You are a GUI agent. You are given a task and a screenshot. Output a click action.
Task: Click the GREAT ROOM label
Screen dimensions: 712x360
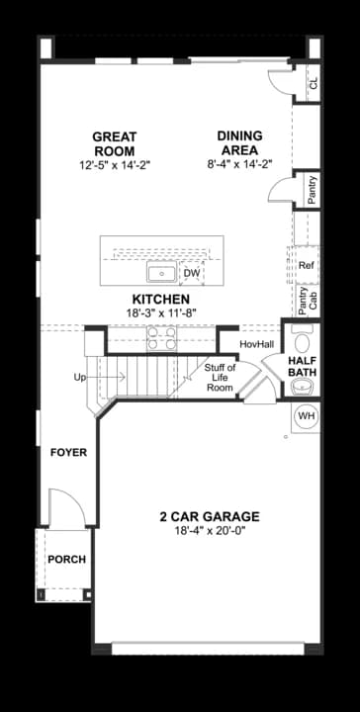pos(115,143)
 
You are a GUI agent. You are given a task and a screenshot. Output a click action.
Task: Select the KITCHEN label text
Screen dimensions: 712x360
pos(160,299)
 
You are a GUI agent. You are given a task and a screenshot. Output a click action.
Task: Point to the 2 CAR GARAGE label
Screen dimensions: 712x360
pos(210,516)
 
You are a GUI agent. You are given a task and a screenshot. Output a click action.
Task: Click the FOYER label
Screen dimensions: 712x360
pos(68,452)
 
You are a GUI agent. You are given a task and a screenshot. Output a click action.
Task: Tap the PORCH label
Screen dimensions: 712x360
pos(66,559)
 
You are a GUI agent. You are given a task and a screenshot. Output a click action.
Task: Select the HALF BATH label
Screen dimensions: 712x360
pos(303,368)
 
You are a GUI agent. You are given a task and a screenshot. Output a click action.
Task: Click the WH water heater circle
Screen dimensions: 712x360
pos(306,416)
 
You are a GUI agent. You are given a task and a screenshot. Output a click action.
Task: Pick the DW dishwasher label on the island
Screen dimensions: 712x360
pos(192,273)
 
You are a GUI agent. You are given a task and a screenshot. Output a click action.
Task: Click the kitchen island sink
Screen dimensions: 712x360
pos(160,273)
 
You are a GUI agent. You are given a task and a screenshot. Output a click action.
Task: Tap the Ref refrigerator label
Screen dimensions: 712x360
pos(306,265)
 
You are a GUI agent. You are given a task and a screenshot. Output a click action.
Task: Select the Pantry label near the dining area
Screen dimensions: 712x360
pos(312,190)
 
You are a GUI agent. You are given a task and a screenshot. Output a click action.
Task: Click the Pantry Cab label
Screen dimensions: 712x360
pos(308,298)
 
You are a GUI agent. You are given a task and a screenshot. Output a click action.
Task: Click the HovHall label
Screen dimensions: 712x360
pos(256,343)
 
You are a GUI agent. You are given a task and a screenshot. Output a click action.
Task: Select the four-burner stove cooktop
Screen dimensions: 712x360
pos(161,339)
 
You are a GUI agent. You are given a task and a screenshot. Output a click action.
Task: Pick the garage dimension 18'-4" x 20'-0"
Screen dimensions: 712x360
pos(210,531)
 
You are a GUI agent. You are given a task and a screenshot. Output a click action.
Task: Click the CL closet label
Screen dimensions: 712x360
pos(313,85)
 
